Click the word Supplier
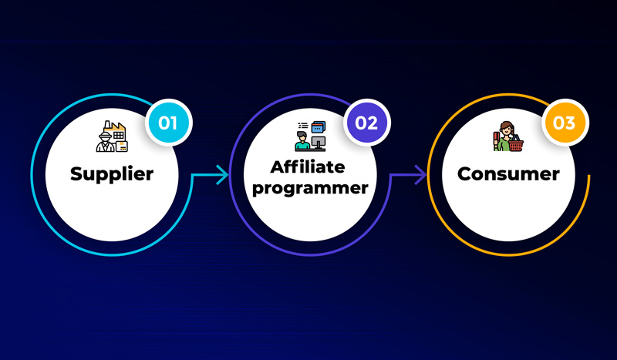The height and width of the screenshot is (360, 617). click(112, 174)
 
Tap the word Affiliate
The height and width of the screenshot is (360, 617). click(308, 167)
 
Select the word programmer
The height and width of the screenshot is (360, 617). click(310, 188)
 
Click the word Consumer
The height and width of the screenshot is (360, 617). click(508, 174)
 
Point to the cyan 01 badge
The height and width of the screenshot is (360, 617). click(168, 123)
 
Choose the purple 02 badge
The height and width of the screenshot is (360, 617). click(366, 123)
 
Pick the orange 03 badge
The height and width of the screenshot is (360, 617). click(565, 123)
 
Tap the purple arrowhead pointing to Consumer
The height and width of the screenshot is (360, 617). click(420, 175)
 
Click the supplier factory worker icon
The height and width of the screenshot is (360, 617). click(112, 136)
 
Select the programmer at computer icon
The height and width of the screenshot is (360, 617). click(311, 136)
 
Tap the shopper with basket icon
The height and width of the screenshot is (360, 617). click(508, 136)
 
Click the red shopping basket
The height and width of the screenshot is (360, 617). click(515, 144)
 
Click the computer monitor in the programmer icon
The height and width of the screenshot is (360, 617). click(319, 142)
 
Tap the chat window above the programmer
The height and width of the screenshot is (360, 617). click(319, 126)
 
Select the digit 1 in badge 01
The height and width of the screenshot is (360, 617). click(174, 123)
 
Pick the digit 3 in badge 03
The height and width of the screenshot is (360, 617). click(570, 123)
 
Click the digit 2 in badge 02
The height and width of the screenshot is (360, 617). click(373, 123)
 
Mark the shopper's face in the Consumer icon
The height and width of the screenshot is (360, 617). click(507, 128)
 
